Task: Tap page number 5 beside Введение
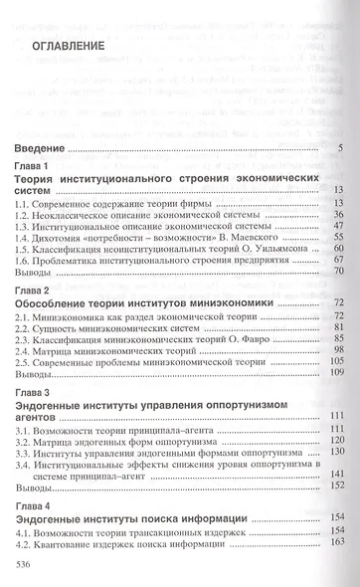tap(339, 149)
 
